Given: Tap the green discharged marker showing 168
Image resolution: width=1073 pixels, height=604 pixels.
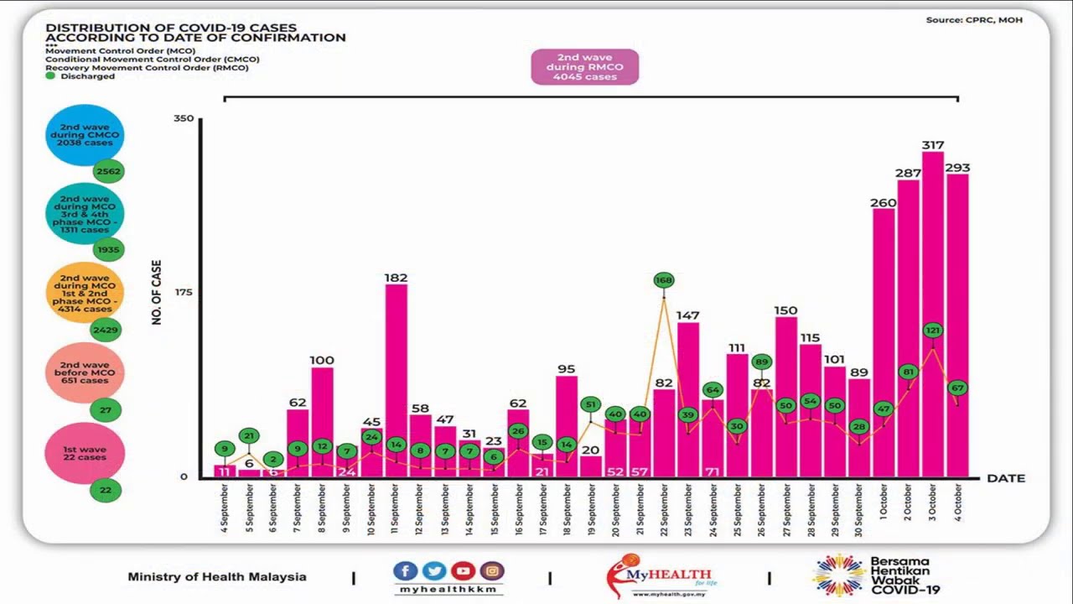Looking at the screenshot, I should [664, 280].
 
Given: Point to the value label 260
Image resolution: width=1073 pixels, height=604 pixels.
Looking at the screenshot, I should [884, 202].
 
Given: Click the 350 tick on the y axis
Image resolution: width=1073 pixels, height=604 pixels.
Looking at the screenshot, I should [184, 118].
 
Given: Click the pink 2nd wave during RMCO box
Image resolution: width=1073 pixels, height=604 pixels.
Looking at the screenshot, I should [584, 67].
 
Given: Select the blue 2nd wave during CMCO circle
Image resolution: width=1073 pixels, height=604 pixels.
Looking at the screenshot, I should [85, 135].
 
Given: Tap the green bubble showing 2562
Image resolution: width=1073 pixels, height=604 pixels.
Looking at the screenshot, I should [109, 171].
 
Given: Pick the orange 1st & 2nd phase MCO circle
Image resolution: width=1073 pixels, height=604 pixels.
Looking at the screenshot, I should [85, 293].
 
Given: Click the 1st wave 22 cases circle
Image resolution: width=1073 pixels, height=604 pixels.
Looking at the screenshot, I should [85, 453].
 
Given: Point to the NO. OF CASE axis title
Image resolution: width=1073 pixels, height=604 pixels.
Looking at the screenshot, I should [157, 293].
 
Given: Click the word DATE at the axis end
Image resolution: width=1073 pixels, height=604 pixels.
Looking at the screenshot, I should [1005, 478].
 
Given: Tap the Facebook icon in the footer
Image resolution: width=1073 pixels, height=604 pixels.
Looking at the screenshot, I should [405, 571].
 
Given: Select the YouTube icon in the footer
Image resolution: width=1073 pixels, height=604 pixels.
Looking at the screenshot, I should [463, 571].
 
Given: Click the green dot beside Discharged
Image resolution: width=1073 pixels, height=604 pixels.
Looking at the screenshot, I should [50, 76].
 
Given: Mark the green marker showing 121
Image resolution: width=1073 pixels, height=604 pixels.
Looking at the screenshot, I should [933, 331].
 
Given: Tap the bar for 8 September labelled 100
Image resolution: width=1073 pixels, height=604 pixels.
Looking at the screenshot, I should [323, 424].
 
